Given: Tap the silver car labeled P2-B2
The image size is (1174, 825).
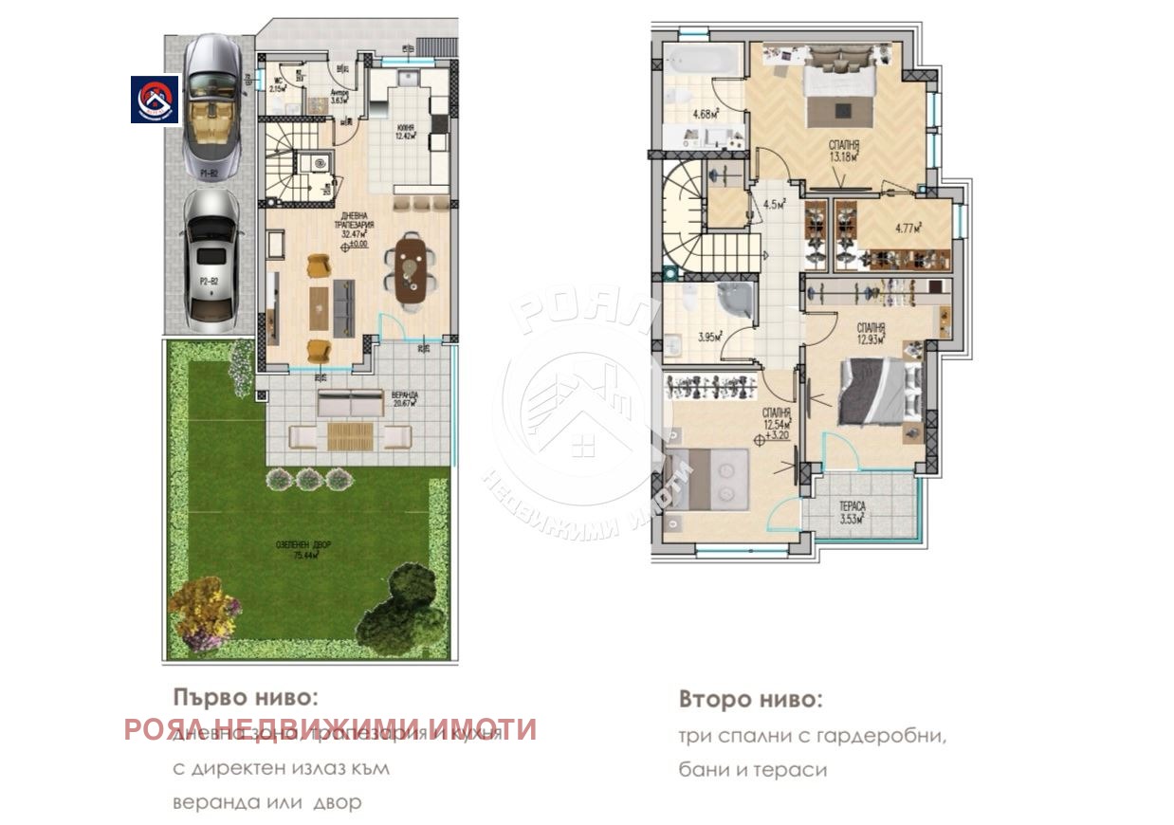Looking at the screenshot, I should tap(210, 255).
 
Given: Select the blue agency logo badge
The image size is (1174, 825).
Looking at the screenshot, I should tap(155, 99).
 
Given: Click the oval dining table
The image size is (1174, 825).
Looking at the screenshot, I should tap(412, 271).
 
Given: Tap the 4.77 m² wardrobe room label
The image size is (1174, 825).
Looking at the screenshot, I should tap(908, 227).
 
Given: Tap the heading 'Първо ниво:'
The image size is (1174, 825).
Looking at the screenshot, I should tap(244, 698).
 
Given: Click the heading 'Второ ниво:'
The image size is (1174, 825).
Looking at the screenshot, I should tap(751, 701).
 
